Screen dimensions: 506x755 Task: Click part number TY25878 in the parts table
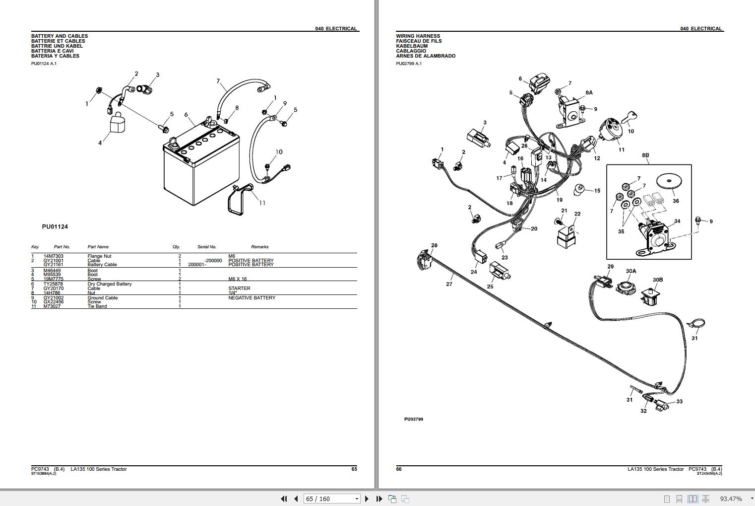tap(53, 284)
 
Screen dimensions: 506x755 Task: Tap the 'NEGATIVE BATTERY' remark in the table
tap(252, 298)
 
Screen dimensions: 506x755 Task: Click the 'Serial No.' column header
tap(207, 247)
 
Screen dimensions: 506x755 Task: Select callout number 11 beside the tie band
tap(262, 203)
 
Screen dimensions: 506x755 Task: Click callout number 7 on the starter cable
tap(218, 81)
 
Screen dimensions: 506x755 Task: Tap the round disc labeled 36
tap(669, 181)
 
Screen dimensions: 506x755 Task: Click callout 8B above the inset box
tap(645, 155)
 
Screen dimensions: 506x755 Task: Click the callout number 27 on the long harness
tap(449, 284)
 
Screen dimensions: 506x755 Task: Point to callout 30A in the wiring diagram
tap(630, 271)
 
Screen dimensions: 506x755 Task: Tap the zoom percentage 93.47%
tap(731, 499)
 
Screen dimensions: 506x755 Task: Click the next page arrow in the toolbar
tap(367, 499)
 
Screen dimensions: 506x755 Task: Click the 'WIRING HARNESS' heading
tap(418, 36)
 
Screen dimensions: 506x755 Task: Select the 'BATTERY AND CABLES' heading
tap(60, 36)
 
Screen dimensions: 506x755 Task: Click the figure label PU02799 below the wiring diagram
tap(413, 419)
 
